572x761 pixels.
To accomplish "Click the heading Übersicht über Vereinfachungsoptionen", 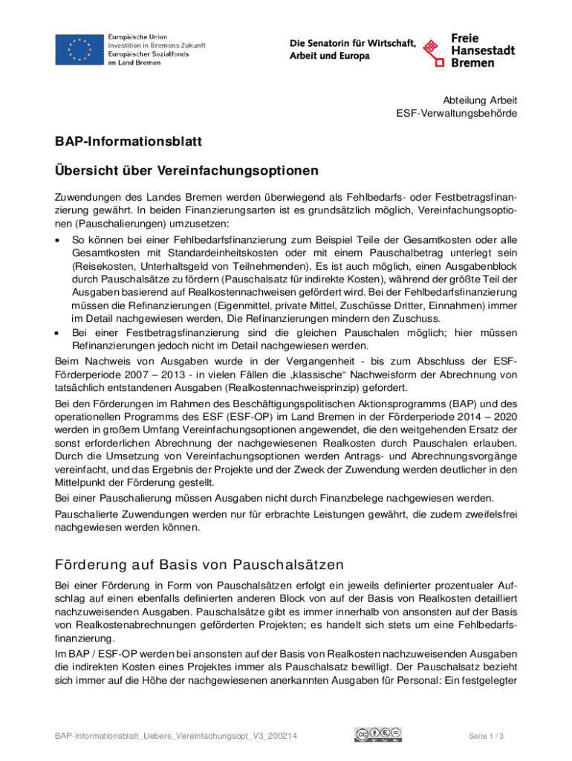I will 186,171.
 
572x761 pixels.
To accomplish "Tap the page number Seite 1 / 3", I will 487,736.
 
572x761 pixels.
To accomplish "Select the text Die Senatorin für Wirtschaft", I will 352,44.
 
